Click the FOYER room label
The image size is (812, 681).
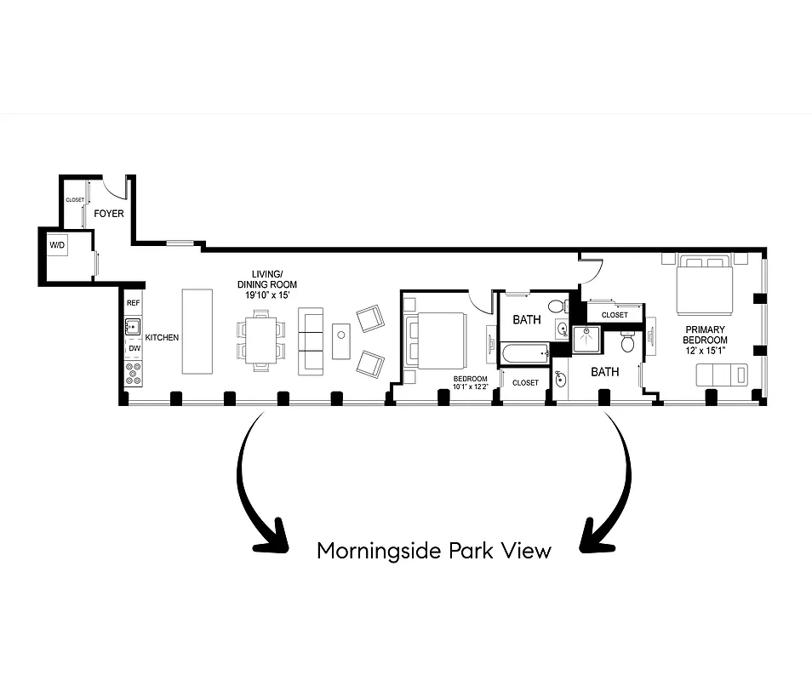pyautogui.click(x=109, y=214)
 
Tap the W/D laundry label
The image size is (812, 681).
pyautogui.click(x=57, y=246)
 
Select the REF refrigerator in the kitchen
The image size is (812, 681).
pyautogui.click(x=133, y=303)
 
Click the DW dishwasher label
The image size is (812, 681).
pyautogui.click(x=133, y=349)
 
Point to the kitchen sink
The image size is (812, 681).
pyautogui.click(x=133, y=326)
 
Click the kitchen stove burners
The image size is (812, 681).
pyautogui.click(x=133, y=371)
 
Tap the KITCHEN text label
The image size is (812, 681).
pyautogui.click(x=162, y=338)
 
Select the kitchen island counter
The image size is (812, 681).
pyautogui.click(x=197, y=331)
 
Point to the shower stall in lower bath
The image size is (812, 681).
pyautogui.click(x=586, y=340)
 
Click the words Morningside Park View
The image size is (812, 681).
pyautogui.click(x=433, y=551)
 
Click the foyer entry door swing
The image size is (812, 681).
pyautogui.click(x=113, y=187)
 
